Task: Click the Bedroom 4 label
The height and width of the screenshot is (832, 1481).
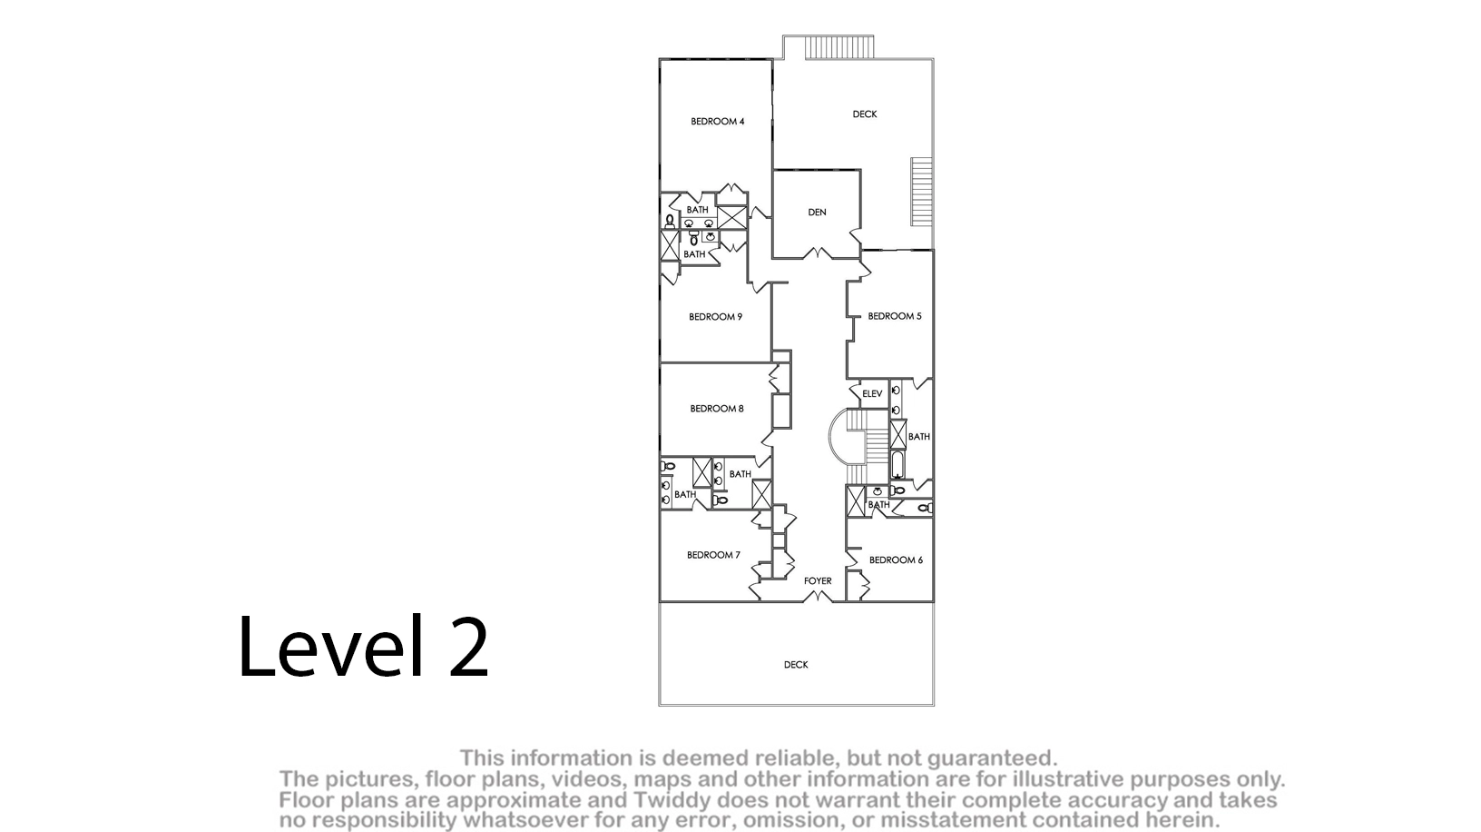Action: (x=717, y=122)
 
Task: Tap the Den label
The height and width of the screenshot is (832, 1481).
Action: (x=818, y=213)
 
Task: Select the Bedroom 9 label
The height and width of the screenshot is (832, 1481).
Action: (x=715, y=317)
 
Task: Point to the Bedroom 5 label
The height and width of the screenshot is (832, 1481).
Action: (x=895, y=316)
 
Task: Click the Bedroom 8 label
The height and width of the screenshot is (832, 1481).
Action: (x=717, y=409)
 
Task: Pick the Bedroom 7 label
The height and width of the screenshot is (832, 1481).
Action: (x=713, y=555)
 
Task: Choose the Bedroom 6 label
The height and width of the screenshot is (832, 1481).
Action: (x=896, y=560)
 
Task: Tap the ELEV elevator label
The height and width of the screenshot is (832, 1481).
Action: (x=872, y=394)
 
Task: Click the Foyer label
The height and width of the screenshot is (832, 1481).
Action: (x=818, y=581)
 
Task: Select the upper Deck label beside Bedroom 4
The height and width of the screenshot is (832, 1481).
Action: (x=865, y=114)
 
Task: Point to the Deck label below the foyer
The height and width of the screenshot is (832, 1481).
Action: (x=796, y=665)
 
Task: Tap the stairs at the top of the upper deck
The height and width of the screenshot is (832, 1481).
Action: (x=839, y=47)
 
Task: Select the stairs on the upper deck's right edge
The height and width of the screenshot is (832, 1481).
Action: (x=922, y=192)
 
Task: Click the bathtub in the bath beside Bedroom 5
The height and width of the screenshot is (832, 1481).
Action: (x=897, y=465)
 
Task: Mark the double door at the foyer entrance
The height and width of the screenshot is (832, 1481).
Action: (x=818, y=597)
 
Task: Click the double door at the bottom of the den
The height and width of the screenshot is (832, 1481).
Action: (x=818, y=253)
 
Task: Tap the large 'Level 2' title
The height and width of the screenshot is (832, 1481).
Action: (x=363, y=648)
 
